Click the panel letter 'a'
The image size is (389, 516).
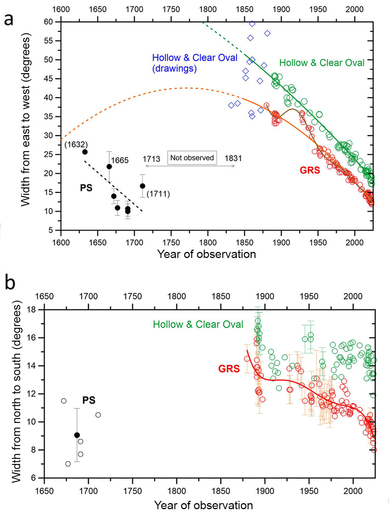tap(8, 19)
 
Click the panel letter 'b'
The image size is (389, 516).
tap(10, 283)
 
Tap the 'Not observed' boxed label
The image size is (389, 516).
tap(192, 158)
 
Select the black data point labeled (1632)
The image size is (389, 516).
tap(85, 152)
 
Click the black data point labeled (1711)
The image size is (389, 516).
tap(142, 186)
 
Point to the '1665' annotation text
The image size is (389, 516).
tap(120, 160)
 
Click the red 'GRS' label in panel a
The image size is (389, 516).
tap(310, 170)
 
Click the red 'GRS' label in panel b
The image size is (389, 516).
tap(229, 368)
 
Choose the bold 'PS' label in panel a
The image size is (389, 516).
tap(86, 188)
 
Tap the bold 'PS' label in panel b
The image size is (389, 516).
tap(89, 400)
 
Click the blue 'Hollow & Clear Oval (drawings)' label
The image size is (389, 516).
tap(194, 63)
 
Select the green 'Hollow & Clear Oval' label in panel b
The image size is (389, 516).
tap(198, 325)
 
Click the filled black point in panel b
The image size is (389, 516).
tap(77, 435)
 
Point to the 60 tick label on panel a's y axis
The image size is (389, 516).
tap(48, 22)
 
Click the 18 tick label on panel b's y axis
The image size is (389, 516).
tap(32, 309)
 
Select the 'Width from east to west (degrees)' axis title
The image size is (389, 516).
tap(25, 120)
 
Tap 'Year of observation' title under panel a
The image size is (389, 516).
tap(206, 254)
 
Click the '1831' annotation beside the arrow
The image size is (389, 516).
tap(233, 159)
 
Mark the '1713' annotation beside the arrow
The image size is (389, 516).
tap(151, 159)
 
